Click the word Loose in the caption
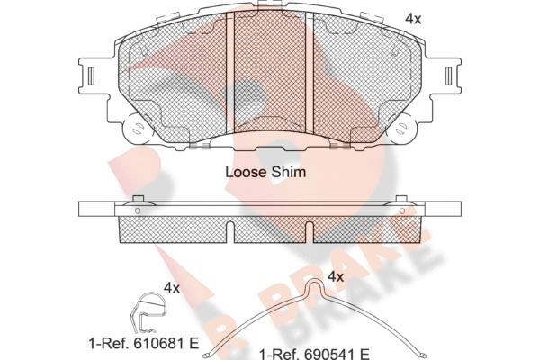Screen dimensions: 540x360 tap(246, 172)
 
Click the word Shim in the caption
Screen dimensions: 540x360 tap(288, 172)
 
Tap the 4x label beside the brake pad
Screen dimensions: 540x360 tap(413, 19)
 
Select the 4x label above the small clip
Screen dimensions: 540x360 tap(172, 288)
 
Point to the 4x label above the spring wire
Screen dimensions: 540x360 tap(336, 276)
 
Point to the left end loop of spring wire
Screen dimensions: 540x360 tap(207, 355)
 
